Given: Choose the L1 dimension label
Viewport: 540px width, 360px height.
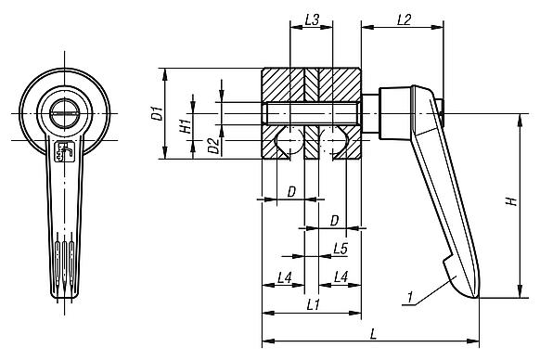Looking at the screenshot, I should (312, 304).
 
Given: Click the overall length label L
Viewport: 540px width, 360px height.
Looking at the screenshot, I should (371, 331).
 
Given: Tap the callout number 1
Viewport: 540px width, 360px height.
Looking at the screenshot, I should (409, 297).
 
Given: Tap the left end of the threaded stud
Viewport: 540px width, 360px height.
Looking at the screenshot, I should (266, 113).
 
